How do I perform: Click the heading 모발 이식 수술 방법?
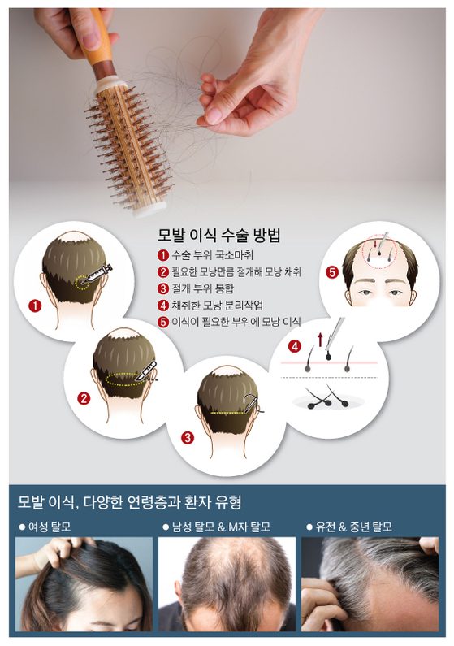(219, 235)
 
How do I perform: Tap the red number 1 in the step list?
(163, 255)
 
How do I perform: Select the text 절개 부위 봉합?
(203, 288)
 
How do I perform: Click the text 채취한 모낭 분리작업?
(218, 305)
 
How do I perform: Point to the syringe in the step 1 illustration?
(97, 274)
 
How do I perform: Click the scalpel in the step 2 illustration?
(147, 371)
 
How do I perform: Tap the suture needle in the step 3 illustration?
(251, 402)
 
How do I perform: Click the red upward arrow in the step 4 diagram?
(320, 340)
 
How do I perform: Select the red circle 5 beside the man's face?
(331, 272)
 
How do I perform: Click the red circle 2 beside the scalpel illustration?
(84, 398)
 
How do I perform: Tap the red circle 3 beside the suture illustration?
(188, 437)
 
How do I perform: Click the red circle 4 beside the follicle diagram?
(295, 346)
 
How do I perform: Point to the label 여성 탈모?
(45, 527)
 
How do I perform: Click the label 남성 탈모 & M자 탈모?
(217, 527)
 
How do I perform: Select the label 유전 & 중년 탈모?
(349, 527)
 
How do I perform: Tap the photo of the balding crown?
(227, 583)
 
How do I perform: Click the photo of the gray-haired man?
(370, 583)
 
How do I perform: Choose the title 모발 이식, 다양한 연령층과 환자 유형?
(129, 502)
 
